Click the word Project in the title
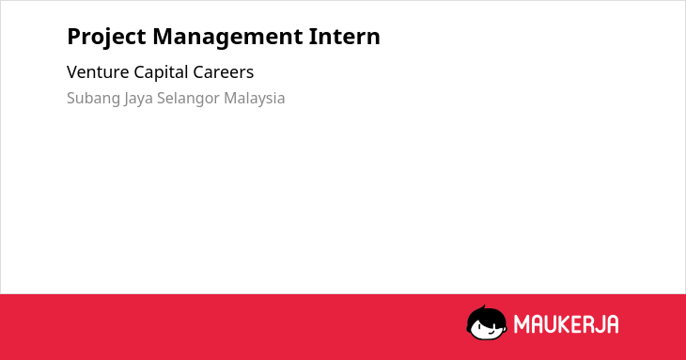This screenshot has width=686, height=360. click(x=106, y=38)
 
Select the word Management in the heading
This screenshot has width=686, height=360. click(x=227, y=38)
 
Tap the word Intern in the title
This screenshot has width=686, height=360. click(x=345, y=37)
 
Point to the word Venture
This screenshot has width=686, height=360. click(x=98, y=72)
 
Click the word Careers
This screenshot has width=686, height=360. click(x=223, y=72)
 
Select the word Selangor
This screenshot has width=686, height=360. click(x=188, y=99)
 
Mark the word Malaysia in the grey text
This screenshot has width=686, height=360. click(x=254, y=99)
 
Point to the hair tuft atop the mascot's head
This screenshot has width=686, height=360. click(x=483, y=307)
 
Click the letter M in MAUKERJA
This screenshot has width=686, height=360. click(x=522, y=324)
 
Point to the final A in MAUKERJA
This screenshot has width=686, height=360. click(x=612, y=324)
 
